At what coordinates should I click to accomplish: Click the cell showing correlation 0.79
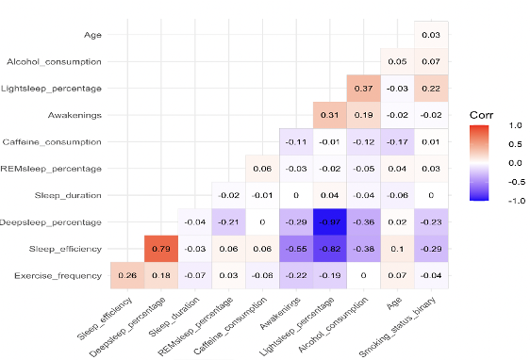(x=161, y=249)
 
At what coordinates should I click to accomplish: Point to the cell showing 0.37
(x=364, y=89)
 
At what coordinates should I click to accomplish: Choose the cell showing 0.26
(x=127, y=275)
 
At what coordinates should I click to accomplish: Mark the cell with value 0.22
(x=431, y=89)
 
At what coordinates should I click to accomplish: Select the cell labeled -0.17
(x=397, y=142)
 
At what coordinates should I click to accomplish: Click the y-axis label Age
(x=93, y=35)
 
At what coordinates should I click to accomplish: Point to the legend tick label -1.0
(x=514, y=201)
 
